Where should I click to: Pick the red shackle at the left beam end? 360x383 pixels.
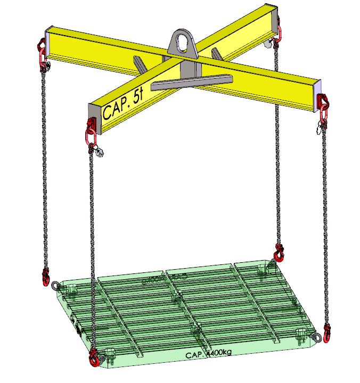(x=42, y=54)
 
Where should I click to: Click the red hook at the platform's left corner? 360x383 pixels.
(x=45, y=277)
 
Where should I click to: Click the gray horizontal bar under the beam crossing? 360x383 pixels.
(x=192, y=82)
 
